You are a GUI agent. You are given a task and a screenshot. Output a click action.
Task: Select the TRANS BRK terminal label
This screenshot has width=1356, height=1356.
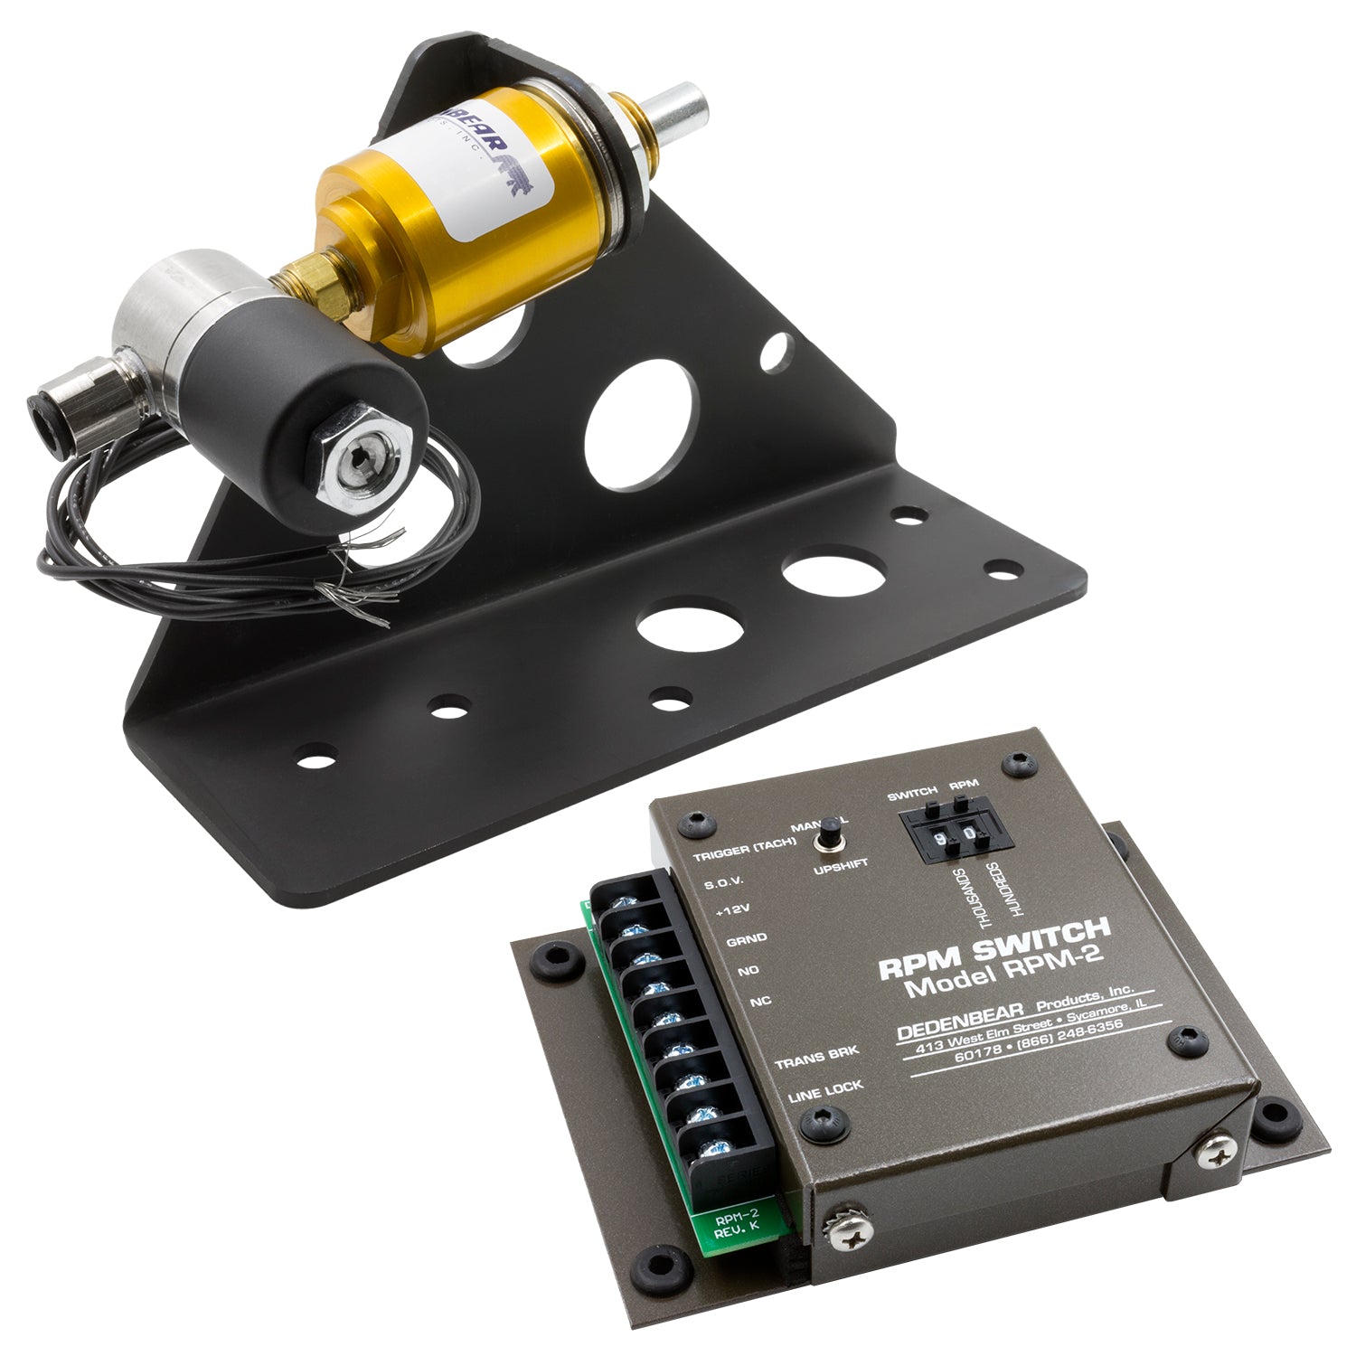816,1053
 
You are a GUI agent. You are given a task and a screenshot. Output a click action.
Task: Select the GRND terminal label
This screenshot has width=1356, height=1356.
746,940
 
